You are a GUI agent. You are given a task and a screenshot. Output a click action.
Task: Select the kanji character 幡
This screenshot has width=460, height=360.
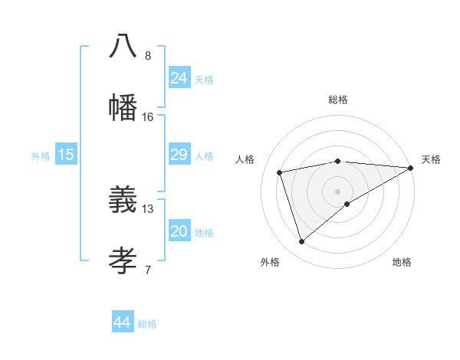(x=123, y=107)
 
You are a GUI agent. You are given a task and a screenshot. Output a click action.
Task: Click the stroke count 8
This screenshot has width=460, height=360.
(x=148, y=56)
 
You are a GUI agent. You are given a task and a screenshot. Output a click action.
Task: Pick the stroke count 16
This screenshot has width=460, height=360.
(x=148, y=117)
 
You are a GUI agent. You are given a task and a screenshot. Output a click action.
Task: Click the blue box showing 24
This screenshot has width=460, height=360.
(x=179, y=78)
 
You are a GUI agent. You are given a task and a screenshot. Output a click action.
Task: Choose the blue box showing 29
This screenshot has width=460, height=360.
(x=179, y=155)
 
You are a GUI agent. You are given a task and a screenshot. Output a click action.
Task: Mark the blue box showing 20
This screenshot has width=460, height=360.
(x=179, y=231)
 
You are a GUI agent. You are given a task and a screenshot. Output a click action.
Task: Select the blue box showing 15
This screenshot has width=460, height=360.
(x=66, y=155)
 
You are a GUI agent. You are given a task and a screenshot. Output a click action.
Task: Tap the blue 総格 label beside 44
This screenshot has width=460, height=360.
(x=147, y=324)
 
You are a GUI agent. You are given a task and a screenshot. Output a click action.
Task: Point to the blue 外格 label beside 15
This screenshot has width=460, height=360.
(x=41, y=156)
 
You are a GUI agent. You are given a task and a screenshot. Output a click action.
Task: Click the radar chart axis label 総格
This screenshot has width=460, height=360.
(x=338, y=100)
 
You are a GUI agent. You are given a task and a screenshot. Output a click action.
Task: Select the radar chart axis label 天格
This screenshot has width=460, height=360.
(x=431, y=159)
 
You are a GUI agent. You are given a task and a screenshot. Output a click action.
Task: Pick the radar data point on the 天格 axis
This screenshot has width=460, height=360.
(x=411, y=168)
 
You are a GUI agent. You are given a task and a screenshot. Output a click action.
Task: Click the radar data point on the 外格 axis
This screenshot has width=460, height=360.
(x=301, y=242)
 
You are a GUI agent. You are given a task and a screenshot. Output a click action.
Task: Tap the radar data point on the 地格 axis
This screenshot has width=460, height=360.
(x=347, y=204)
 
